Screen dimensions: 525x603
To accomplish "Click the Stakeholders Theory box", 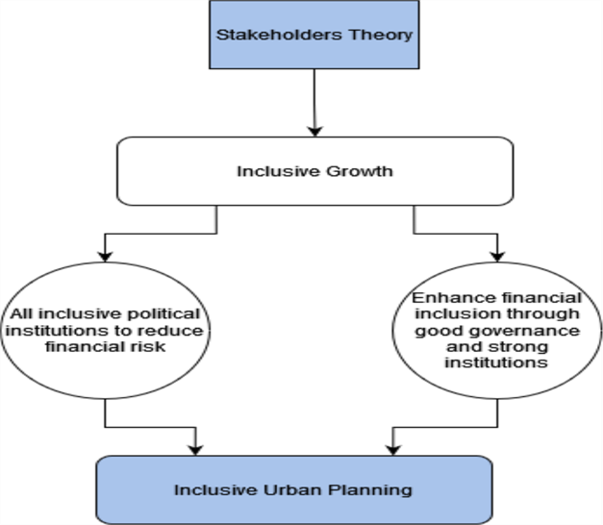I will tap(314, 36).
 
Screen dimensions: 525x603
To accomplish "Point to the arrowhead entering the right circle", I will tap(497, 255).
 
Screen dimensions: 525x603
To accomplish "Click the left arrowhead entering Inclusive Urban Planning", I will tap(196, 447).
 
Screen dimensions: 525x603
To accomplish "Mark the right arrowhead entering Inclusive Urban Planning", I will tap(390, 447).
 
